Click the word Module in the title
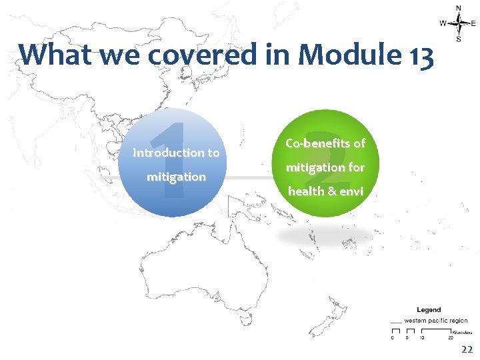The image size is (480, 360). pos(351,55)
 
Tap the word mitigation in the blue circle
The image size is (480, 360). pos(176,177)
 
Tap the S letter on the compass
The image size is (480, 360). pos(459,39)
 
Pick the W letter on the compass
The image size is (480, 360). pos(443,23)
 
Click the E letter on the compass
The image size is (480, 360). pos(473,23)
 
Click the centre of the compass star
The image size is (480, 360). pos(459,23)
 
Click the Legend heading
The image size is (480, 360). pos(429,310)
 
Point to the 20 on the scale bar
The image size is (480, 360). pos(451,337)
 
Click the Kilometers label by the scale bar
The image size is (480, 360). pos(462,331)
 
